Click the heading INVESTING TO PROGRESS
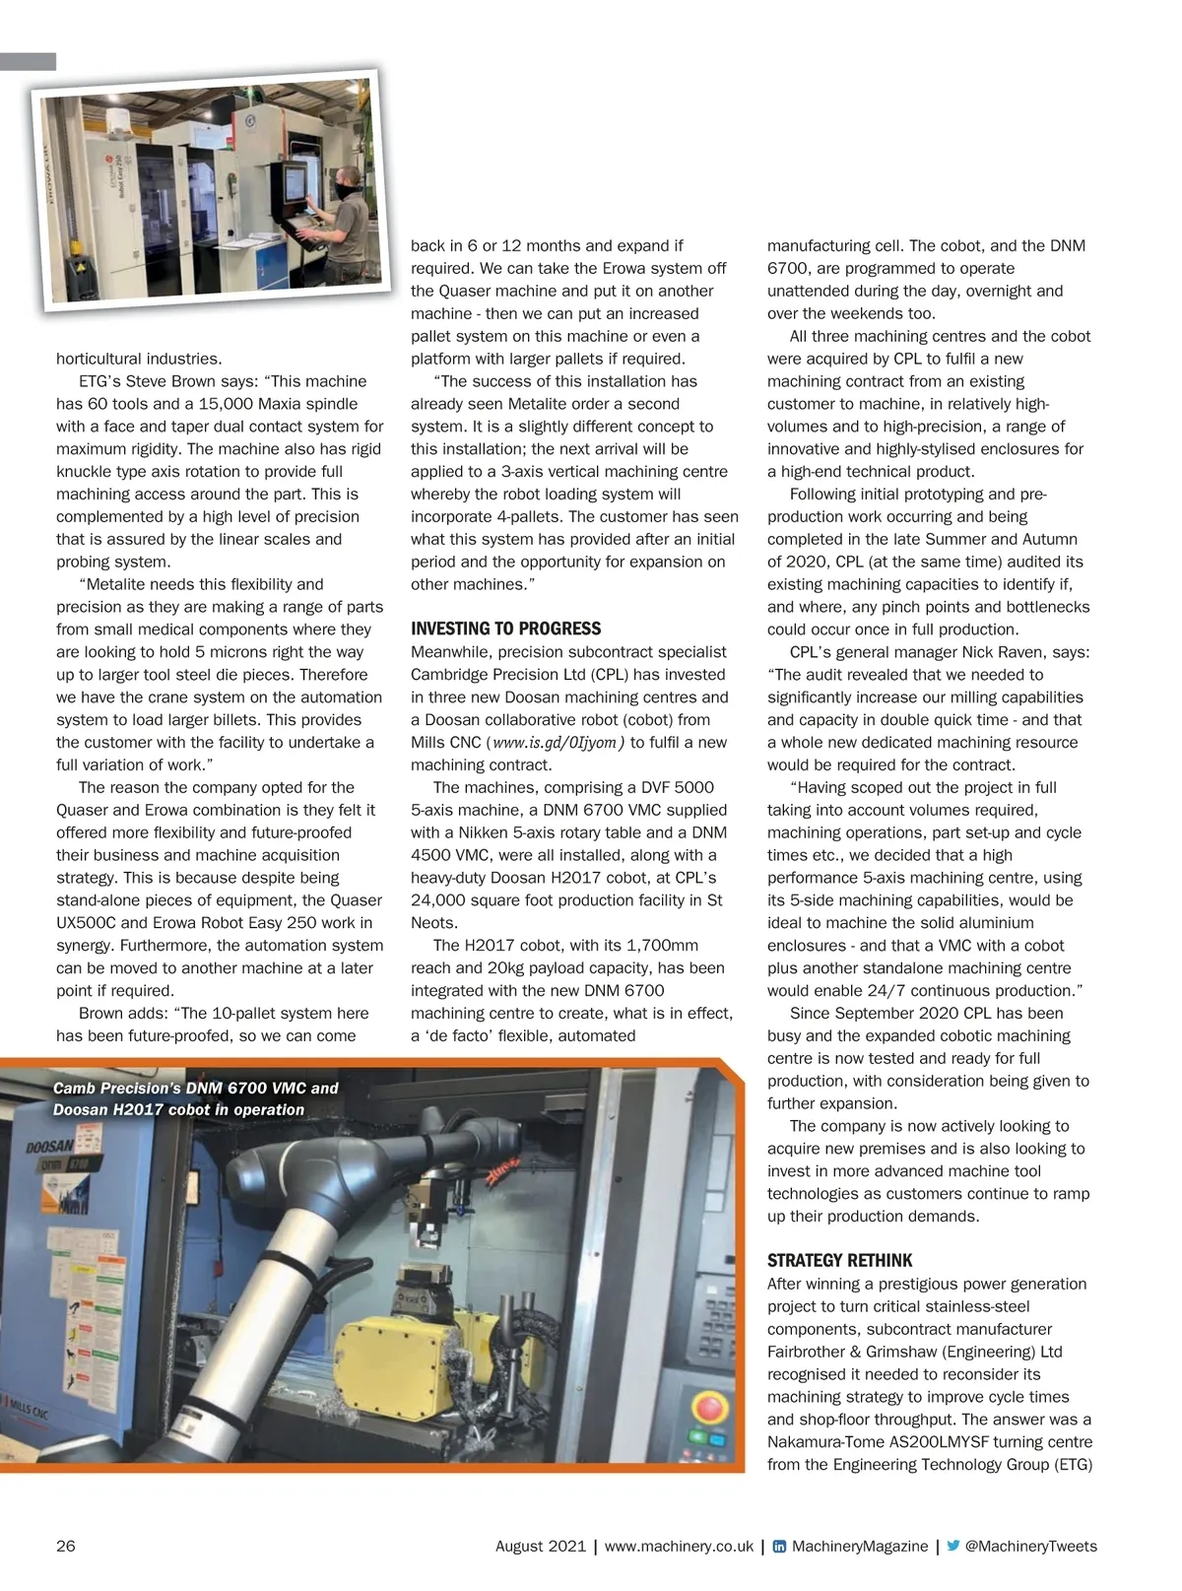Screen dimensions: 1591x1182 point(505,629)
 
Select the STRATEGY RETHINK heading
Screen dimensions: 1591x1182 point(839,1260)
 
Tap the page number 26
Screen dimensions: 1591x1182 point(65,1546)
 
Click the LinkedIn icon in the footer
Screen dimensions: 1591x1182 point(779,1547)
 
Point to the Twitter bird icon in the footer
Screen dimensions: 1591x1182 point(952,1546)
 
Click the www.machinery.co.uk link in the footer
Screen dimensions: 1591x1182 point(679,1546)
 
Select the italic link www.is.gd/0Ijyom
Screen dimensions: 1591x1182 point(556,743)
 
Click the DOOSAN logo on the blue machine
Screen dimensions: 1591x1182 point(50,1147)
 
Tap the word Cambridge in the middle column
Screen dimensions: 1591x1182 point(449,675)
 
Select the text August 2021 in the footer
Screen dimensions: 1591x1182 point(540,1546)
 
